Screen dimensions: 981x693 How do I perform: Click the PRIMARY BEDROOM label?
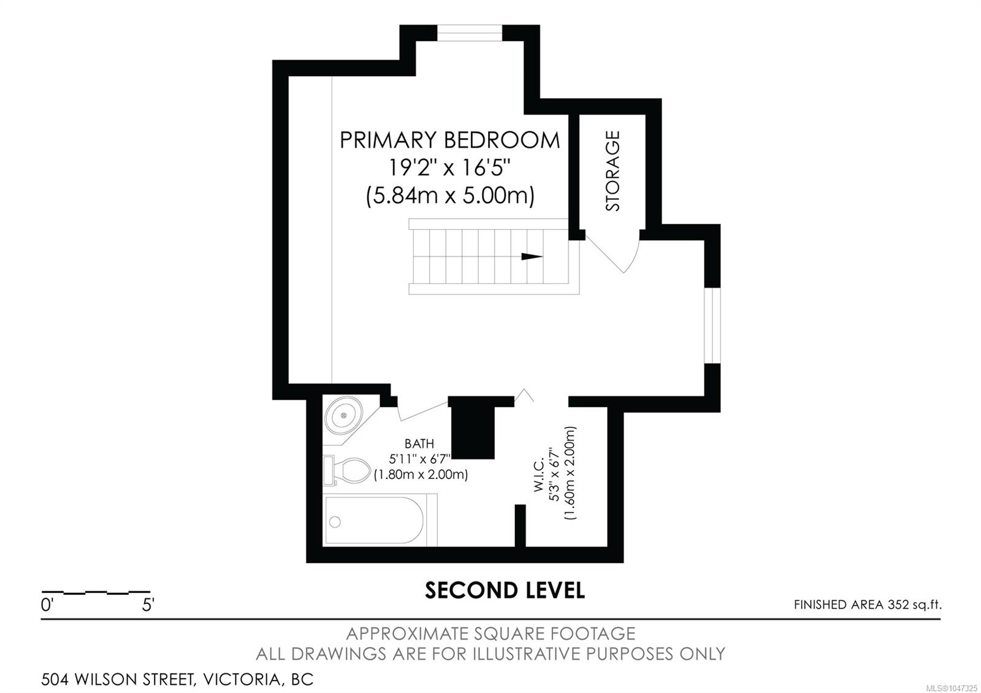[450, 140]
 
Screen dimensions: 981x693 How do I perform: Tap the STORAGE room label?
[613, 171]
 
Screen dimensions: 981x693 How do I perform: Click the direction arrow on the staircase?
[532, 257]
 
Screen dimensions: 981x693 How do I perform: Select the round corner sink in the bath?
[344, 415]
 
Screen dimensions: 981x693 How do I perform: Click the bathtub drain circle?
[335, 522]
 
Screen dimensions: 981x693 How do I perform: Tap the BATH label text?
[419, 444]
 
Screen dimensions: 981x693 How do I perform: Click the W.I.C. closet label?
[539, 475]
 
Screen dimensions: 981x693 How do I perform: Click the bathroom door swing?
[423, 410]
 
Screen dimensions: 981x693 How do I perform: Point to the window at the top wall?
[470, 33]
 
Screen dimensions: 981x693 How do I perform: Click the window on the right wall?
[712, 326]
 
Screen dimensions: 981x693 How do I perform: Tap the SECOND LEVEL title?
[505, 590]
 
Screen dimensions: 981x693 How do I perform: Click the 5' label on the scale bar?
[148, 605]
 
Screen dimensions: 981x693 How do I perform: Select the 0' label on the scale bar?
[47, 605]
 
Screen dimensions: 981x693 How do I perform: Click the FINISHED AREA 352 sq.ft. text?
[868, 605]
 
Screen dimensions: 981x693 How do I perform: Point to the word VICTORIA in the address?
[242, 680]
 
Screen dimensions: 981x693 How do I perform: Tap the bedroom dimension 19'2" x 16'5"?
[450, 167]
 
